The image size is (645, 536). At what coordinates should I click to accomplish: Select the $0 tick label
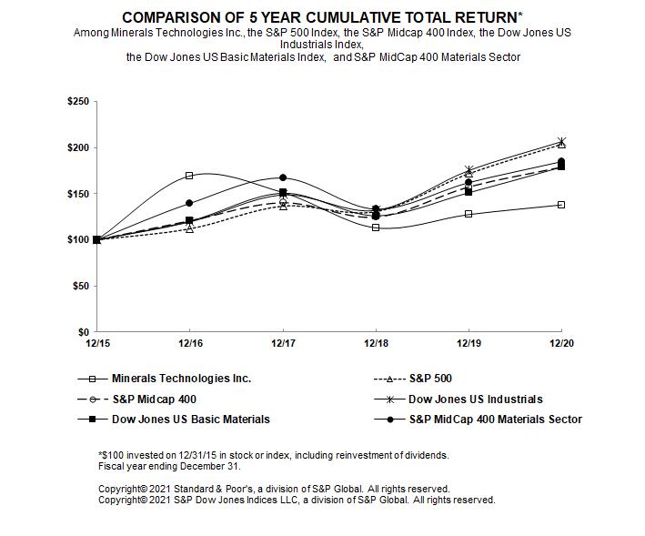(x=83, y=332)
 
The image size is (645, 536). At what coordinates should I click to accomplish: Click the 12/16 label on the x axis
(x=189, y=343)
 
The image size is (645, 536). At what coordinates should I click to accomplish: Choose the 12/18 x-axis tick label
(x=376, y=343)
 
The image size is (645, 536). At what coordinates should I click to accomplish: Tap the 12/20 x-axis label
(x=561, y=343)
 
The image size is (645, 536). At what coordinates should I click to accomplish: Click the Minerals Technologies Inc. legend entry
(x=181, y=378)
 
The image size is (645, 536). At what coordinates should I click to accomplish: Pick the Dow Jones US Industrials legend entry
(x=475, y=399)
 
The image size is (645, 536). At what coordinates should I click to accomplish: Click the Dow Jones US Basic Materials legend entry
(x=190, y=420)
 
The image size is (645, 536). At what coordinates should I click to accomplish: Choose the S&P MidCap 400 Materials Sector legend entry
(x=495, y=420)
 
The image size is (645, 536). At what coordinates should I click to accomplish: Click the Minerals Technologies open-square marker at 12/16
(x=189, y=176)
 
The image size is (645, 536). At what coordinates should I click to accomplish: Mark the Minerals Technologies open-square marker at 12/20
(x=561, y=205)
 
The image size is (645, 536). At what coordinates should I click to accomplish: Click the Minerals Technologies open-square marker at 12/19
(x=469, y=214)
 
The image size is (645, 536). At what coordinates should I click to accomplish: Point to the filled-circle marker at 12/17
(x=283, y=177)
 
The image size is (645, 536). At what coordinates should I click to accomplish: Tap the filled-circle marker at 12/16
(x=189, y=203)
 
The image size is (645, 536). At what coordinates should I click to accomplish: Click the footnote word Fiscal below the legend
(x=112, y=466)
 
